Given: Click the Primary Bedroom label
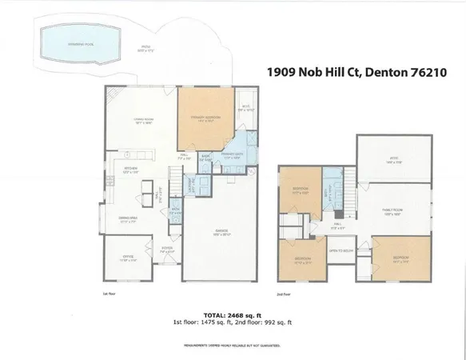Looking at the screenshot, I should point(204,118).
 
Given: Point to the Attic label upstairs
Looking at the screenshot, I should point(393,161).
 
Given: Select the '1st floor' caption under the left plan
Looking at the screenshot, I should point(110,295).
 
